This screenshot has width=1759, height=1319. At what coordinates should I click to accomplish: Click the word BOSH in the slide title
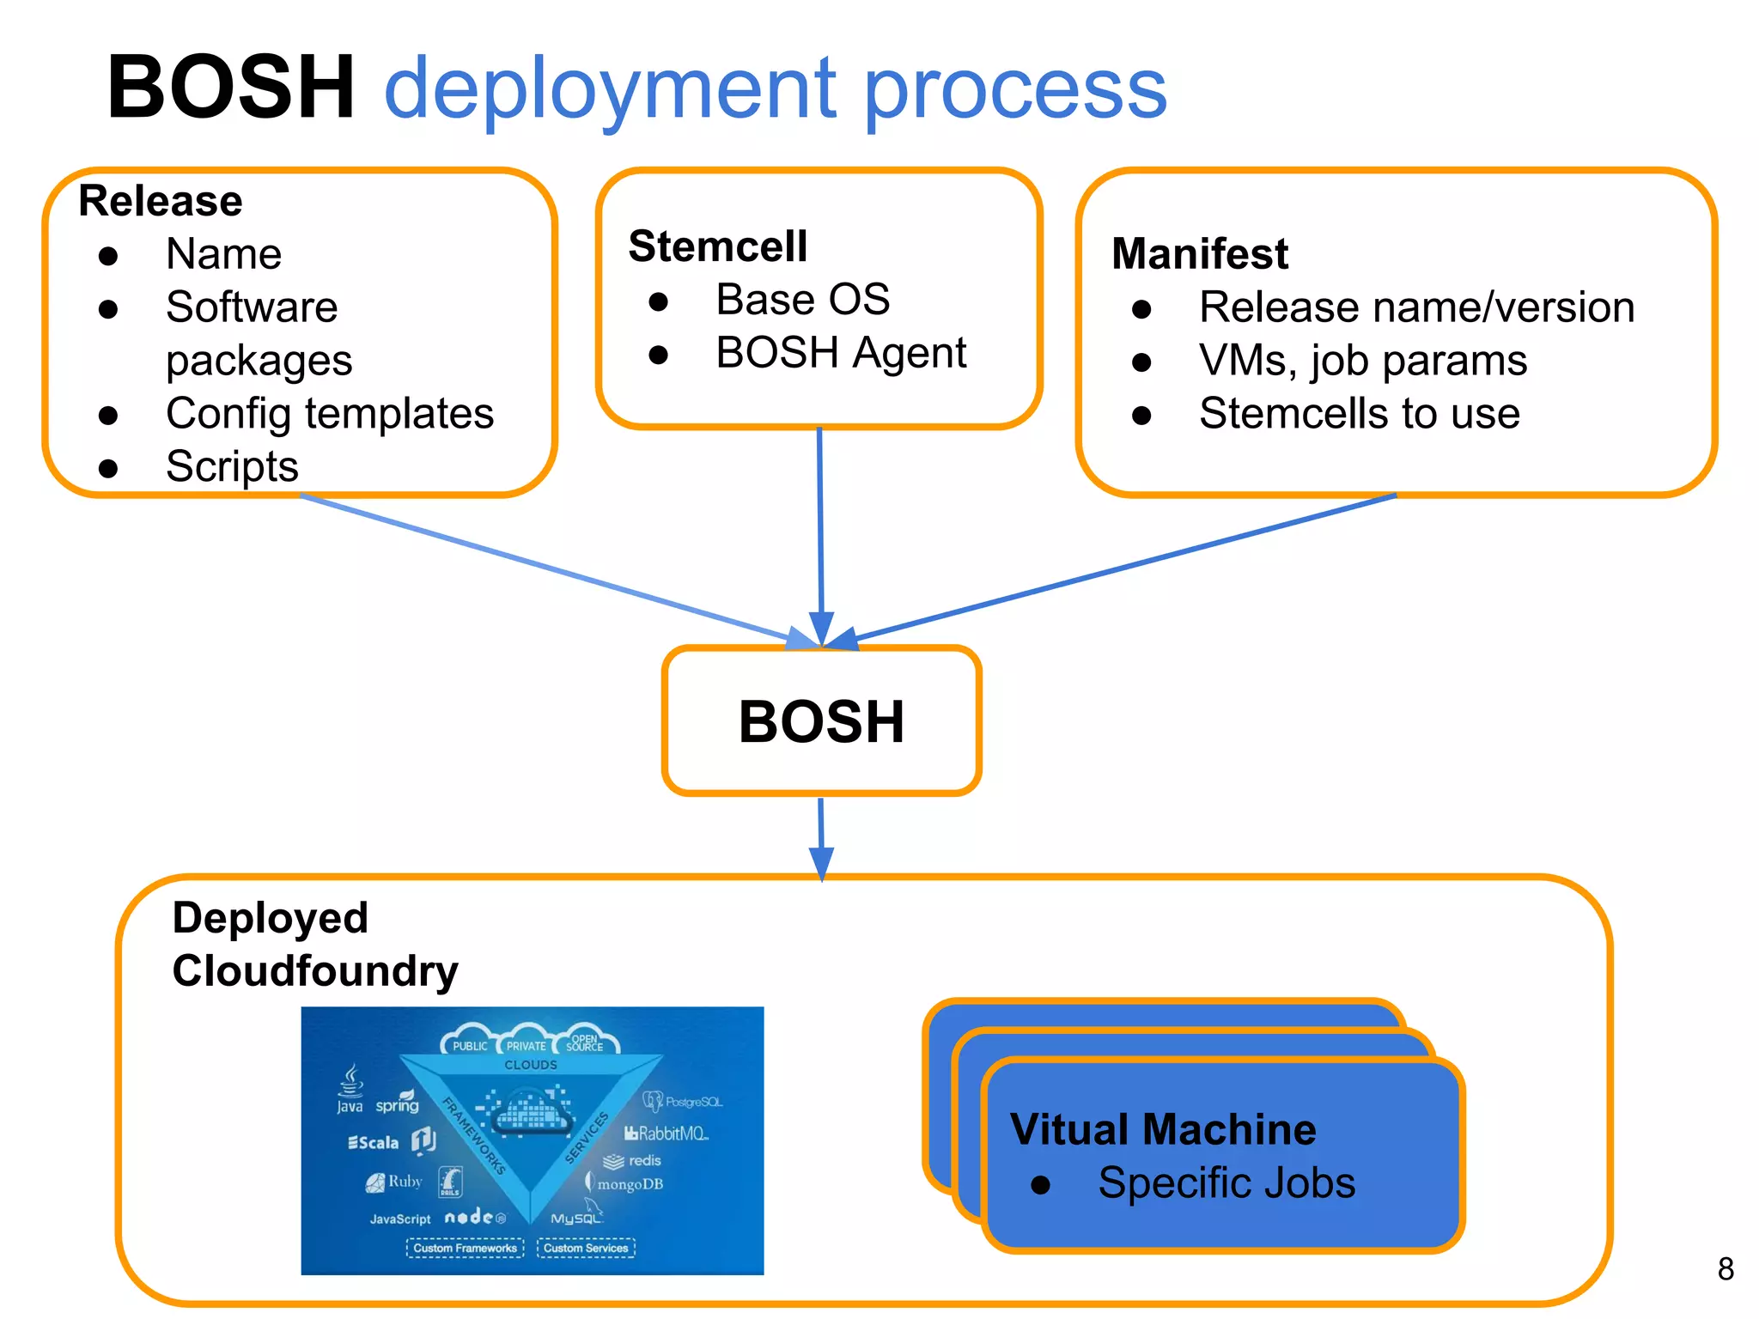(230, 87)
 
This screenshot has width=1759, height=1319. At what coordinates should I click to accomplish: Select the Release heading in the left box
(161, 201)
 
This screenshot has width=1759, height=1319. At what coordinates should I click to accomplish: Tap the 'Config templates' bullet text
(330, 414)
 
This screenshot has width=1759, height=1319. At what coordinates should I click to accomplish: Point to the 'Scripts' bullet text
(232, 467)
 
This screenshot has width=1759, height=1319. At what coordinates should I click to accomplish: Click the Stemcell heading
(718, 246)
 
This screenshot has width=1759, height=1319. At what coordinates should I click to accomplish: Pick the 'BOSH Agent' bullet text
(841, 353)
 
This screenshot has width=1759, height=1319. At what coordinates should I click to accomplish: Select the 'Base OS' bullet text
(802, 300)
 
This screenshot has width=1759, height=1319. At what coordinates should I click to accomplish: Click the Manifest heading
(1200, 253)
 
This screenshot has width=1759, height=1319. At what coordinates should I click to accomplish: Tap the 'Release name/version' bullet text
(1416, 307)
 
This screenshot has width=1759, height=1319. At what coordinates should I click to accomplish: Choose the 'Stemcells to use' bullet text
(1360, 414)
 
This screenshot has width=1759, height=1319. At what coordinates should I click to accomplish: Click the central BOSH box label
(821, 721)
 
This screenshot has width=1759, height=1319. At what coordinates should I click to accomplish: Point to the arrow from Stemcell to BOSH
(820, 532)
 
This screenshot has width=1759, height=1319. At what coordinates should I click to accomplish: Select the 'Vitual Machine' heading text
(1163, 1129)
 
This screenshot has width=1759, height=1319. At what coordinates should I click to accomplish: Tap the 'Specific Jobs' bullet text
(1226, 1183)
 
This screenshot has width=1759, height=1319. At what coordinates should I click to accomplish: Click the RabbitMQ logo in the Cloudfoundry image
(666, 1134)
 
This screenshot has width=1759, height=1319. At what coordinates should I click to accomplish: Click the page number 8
(1726, 1269)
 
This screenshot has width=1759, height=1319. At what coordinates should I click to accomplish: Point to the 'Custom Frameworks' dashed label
(465, 1248)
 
